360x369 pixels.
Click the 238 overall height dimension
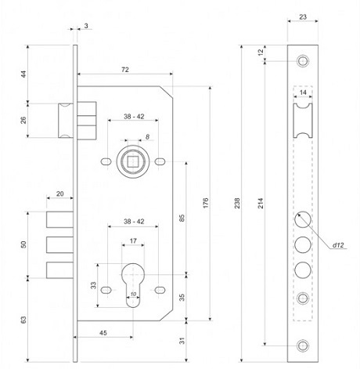pyautogui.click(x=237, y=203)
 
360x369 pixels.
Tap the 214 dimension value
pyautogui.click(x=261, y=203)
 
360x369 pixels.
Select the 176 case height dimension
pyautogui.click(x=206, y=203)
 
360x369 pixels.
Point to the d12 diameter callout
pyautogui.click(x=338, y=245)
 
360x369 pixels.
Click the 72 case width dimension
pyautogui.click(x=125, y=70)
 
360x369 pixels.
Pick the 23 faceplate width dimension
pyautogui.click(x=303, y=17)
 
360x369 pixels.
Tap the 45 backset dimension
pyautogui.click(x=103, y=333)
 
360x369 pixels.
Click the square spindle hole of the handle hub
pyautogui.click(x=133, y=161)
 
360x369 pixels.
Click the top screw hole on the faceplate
pyautogui.click(x=303, y=61)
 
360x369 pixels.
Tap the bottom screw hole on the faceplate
pyautogui.click(x=303, y=345)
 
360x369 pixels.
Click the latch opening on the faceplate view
pyautogui.click(x=303, y=121)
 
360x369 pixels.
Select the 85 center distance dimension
pyautogui.click(x=182, y=218)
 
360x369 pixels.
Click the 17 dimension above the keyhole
pyautogui.click(x=133, y=241)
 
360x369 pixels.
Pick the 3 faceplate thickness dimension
pyautogui.click(x=86, y=26)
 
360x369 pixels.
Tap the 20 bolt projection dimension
pyautogui.click(x=60, y=194)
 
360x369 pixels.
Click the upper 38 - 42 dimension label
pyautogui.click(x=134, y=117)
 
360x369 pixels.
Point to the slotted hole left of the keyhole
pyautogui.click(x=106, y=290)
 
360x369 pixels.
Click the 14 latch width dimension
pyautogui.click(x=303, y=92)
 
